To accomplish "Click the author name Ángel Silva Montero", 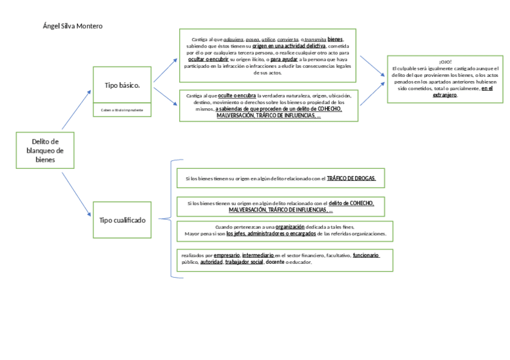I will (x=73, y=26).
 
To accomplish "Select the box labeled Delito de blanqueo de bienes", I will (x=45, y=150).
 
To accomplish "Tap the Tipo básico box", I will (x=122, y=85).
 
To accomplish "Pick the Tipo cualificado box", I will (x=122, y=220).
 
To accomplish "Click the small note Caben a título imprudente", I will (x=122, y=110).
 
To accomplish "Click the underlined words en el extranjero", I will (x=462, y=91).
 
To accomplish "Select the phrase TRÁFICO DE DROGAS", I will (x=351, y=178).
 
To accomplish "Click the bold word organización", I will (x=290, y=227).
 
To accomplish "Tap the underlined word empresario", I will (x=227, y=255).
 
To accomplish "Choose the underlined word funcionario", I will (x=366, y=255).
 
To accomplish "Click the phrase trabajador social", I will (x=244, y=262).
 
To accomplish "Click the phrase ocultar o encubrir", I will (x=207, y=59).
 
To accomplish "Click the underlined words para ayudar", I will (x=284, y=59).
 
